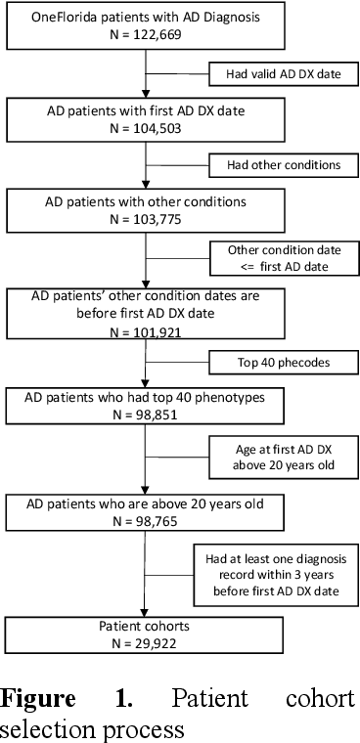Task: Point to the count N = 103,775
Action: (x=145, y=217)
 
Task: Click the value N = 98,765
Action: (x=145, y=521)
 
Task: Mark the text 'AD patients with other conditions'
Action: (x=145, y=200)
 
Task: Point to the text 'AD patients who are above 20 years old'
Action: (x=145, y=504)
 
